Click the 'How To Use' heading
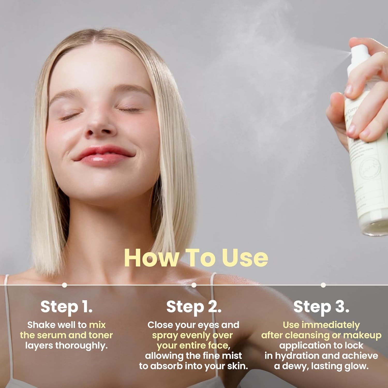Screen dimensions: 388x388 (x=196, y=258)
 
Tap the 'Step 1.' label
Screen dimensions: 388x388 (x=66, y=307)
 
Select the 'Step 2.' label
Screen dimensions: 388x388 (x=194, y=307)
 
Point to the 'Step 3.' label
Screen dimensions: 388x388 (x=321, y=307)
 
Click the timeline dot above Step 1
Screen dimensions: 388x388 (x=65, y=285)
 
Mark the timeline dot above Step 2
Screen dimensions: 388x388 (x=194, y=285)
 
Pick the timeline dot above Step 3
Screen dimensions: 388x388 (x=323, y=285)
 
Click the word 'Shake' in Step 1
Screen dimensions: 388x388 (x=40, y=325)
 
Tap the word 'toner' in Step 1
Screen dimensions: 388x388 (x=101, y=335)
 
